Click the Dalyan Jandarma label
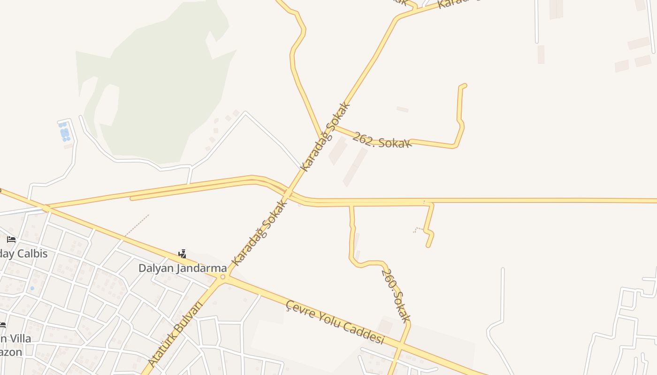[x=183, y=269]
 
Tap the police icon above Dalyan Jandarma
[x=183, y=254]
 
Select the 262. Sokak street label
[x=382, y=140]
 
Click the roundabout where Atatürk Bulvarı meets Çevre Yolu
[x=223, y=277]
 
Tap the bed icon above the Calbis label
[x=11, y=240]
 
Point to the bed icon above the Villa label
[x=2, y=324]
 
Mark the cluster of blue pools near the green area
[x=64, y=132]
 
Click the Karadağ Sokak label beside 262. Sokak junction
[x=326, y=136]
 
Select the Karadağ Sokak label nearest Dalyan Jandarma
[x=259, y=233]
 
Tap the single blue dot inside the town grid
[x=32, y=288]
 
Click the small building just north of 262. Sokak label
[x=402, y=109]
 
